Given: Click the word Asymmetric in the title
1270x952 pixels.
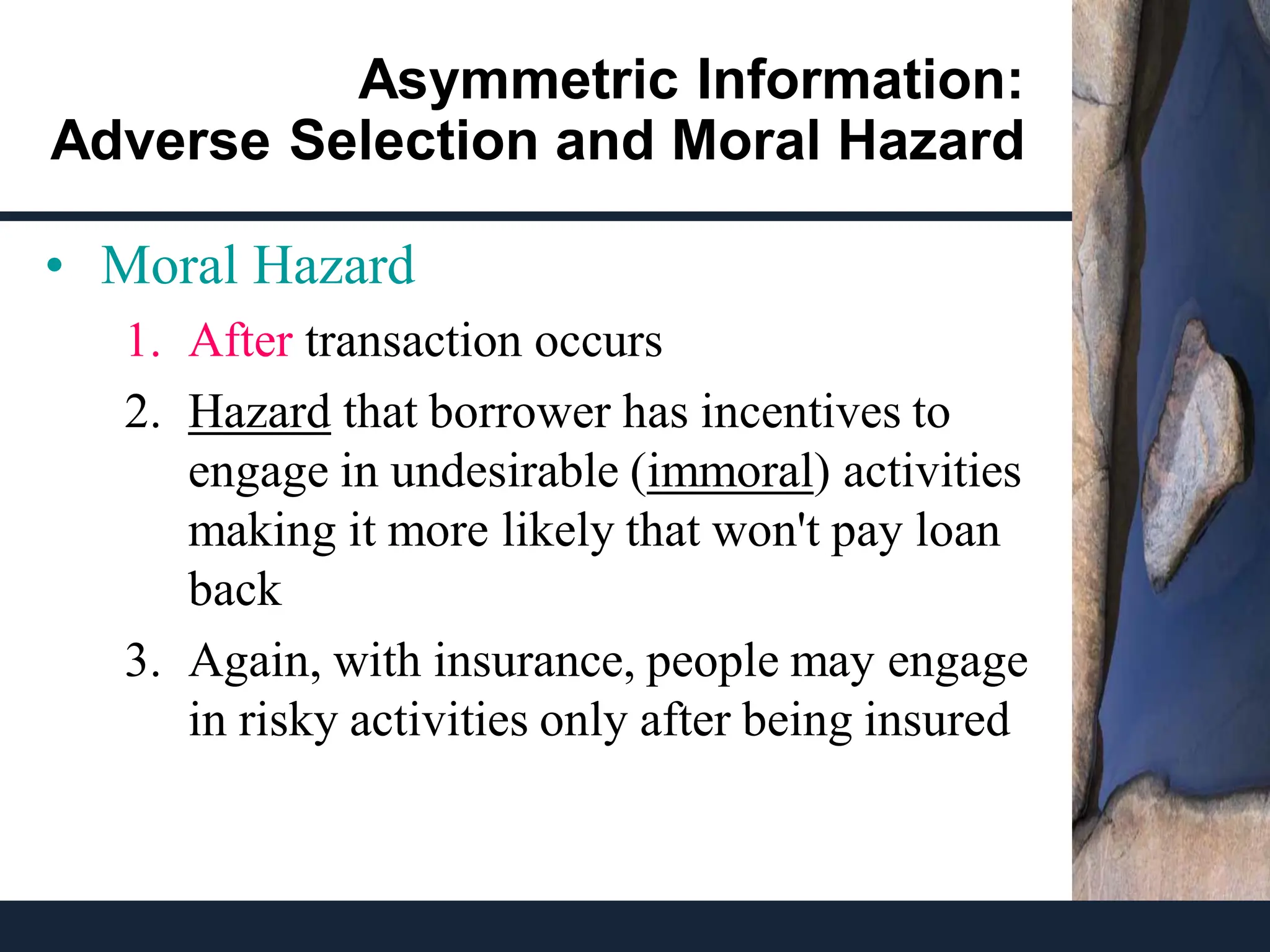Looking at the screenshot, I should click(518, 81).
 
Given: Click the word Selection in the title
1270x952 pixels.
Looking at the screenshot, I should click(413, 141).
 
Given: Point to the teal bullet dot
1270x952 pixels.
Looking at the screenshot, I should click(55, 267).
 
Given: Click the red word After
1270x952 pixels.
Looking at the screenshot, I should click(240, 341).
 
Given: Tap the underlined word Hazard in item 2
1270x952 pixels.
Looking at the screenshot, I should click(259, 412).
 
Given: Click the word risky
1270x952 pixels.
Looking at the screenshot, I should click(288, 720).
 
